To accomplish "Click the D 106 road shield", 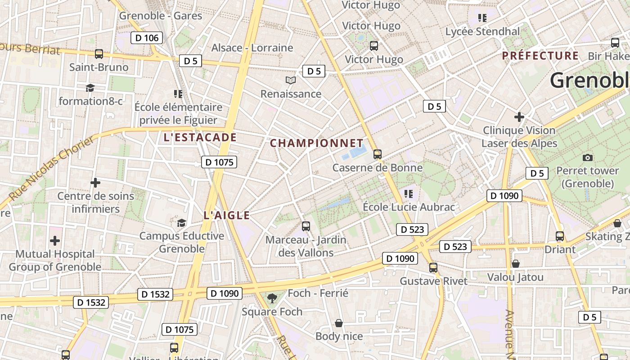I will point(147,38).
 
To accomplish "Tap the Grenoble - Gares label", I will point(160,16).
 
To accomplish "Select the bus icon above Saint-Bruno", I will point(99,54).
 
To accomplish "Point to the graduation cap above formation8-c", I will point(90,88).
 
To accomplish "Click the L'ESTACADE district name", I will point(200,137).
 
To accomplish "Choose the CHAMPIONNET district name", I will point(316,144).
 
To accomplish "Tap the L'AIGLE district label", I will point(226,215).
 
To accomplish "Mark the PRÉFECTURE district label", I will point(540,56).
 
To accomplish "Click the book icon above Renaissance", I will point(291,81).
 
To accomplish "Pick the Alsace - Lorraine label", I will point(252,48).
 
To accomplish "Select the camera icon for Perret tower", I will point(587,157).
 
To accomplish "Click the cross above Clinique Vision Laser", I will point(519,117).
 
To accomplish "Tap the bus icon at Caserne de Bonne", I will point(377,154).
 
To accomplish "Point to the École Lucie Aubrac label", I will point(409,207).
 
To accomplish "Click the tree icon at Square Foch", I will point(272,298).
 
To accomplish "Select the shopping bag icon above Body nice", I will point(339,323).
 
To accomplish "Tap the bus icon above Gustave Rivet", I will point(433,268).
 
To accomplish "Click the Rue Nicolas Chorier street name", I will point(52,169).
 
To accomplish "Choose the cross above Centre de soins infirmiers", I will point(95,183).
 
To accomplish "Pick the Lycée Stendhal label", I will point(482,31).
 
